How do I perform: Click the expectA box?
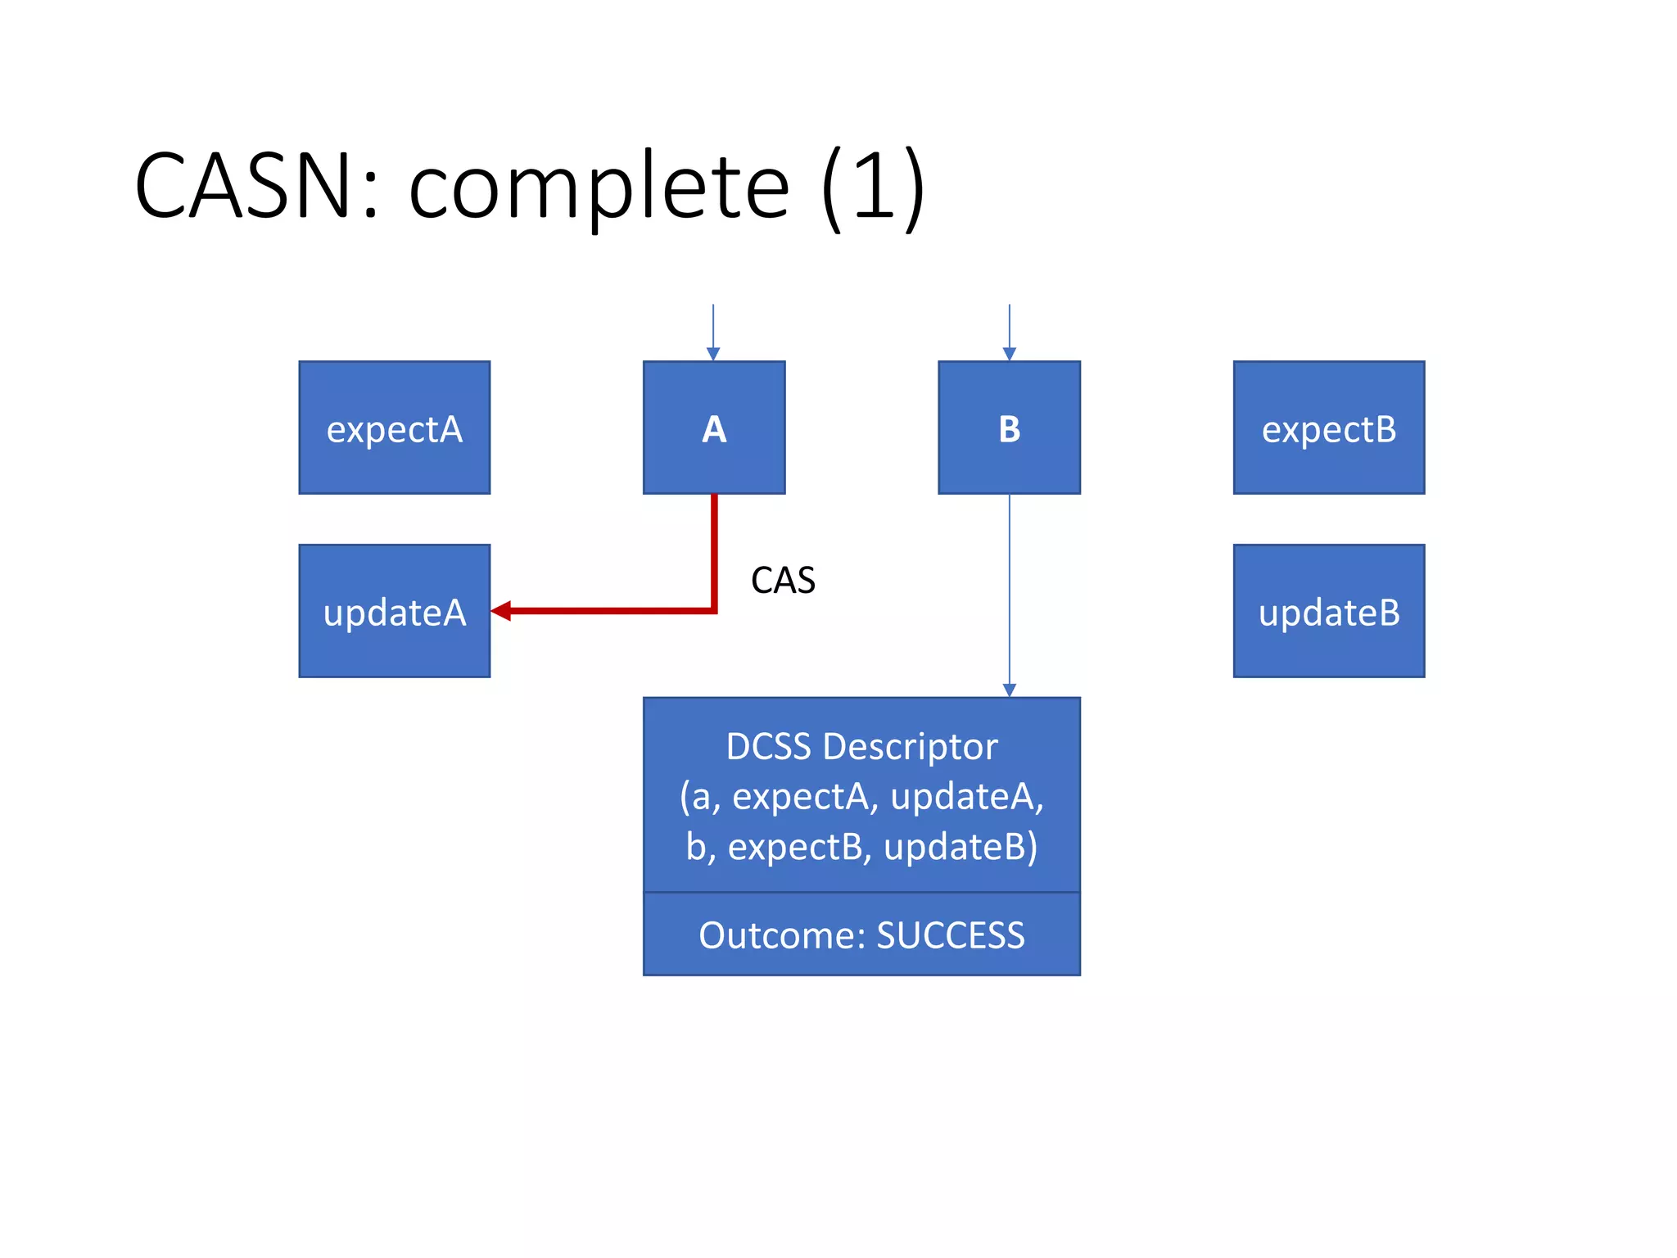pyautogui.click(x=394, y=428)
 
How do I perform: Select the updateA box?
pyautogui.click(x=394, y=611)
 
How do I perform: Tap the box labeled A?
pyautogui.click(x=713, y=428)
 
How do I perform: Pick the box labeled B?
pyautogui.click(x=1009, y=428)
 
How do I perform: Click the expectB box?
pyautogui.click(x=1328, y=428)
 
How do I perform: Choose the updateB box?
pyautogui.click(x=1328, y=611)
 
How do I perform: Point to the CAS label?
pyautogui.click(x=783, y=581)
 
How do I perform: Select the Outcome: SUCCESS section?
pyautogui.click(x=861, y=934)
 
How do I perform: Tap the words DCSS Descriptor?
pyautogui.click(x=861, y=747)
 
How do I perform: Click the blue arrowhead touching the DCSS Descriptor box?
pyautogui.click(x=1009, y=690)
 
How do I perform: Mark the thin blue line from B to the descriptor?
pyautogui.click(x=1009, y=590)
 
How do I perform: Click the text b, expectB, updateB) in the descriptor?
pyautogui.click(x=861, y=847)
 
